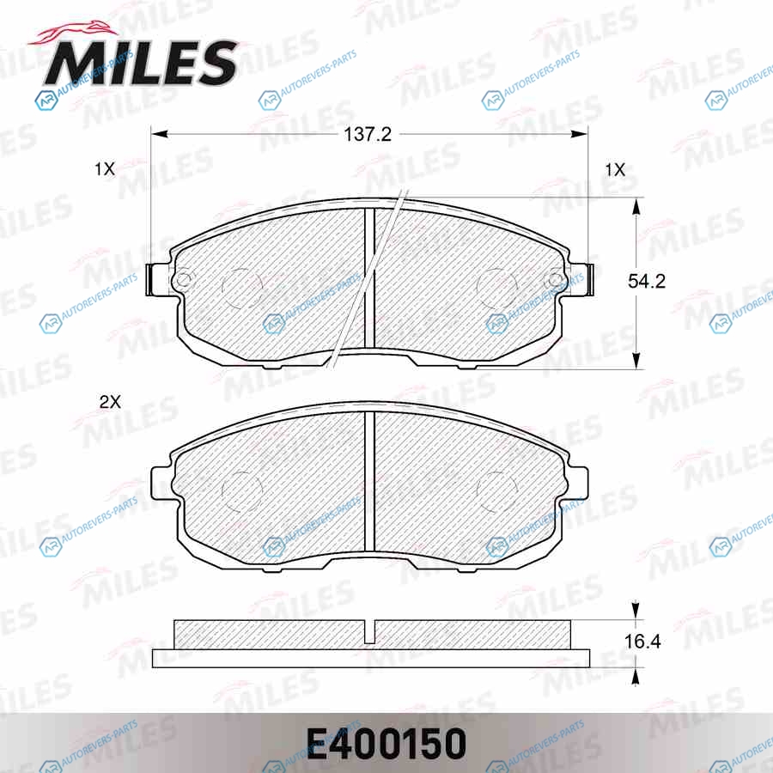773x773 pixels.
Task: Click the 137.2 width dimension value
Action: tap(368, 134)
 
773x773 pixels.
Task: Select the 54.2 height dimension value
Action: tap(646, 281)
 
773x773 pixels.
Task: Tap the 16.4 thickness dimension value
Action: tap(642, 642)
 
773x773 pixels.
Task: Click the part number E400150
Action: tap(386, 744)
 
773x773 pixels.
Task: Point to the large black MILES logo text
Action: tap(142, 63)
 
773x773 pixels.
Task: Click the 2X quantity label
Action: tap(110, 402)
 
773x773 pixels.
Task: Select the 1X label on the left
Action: tap(105, 169)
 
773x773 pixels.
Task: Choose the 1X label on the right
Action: tap(615, 170)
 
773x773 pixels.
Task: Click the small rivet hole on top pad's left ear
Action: tap(183, 279)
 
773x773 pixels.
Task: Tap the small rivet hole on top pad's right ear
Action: tap(555, 280)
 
